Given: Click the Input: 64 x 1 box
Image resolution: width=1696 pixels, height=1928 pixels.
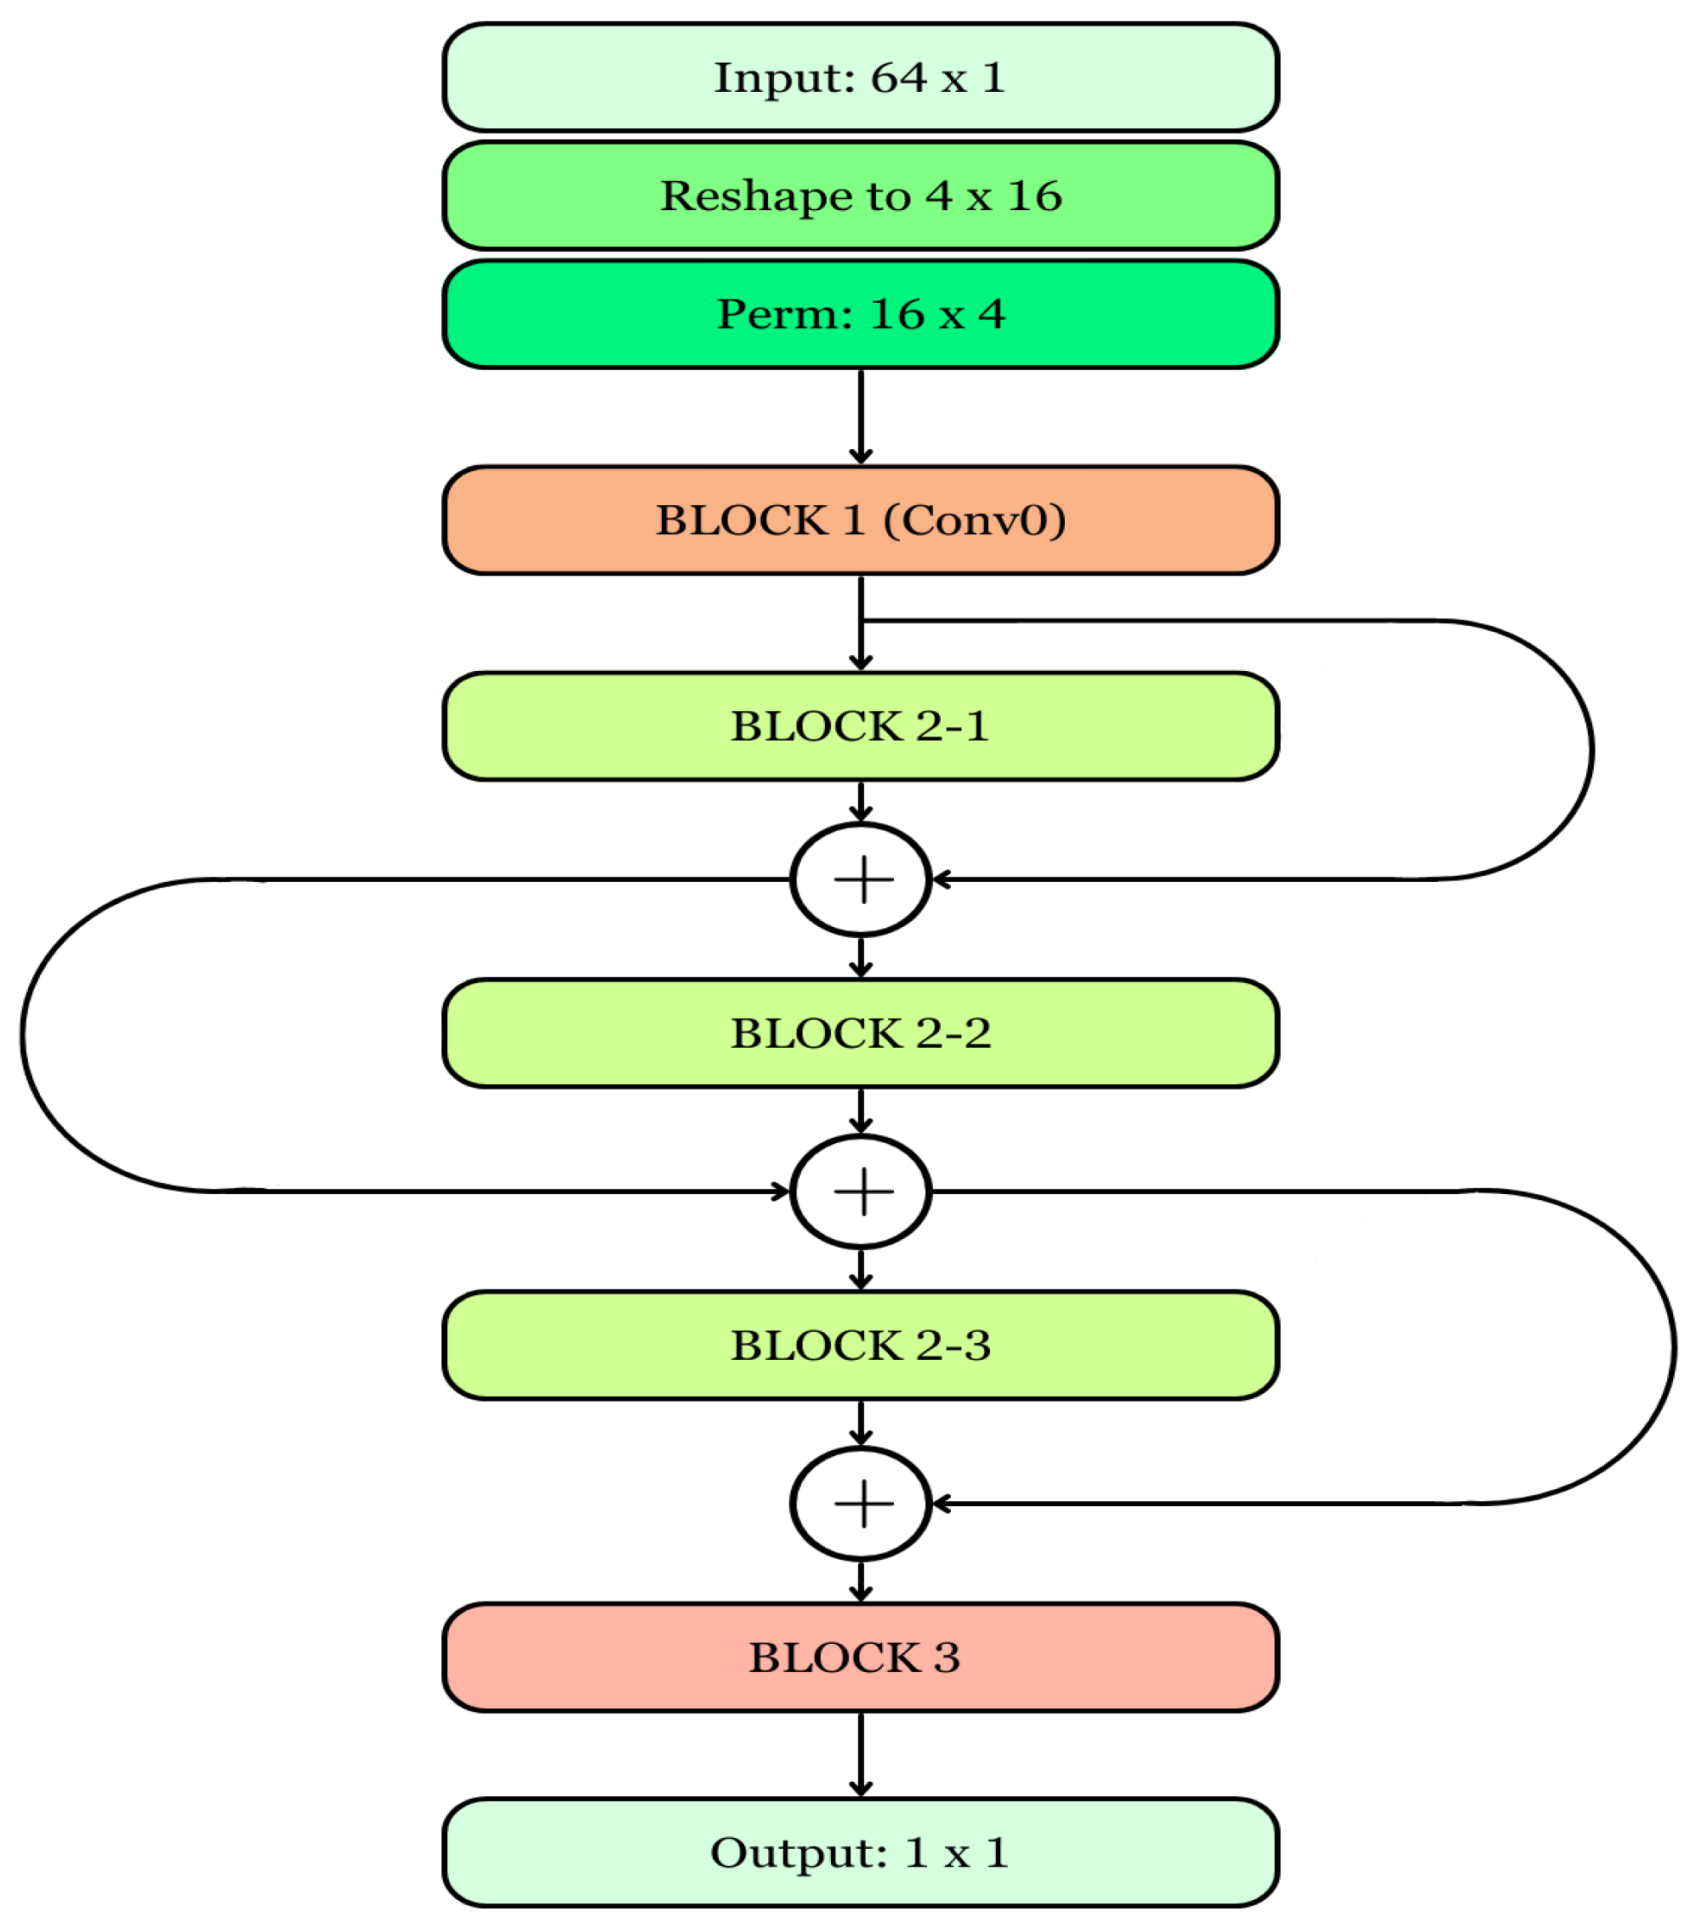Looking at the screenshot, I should (859, 77).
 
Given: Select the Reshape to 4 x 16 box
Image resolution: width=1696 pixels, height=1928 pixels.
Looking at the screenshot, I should (859, 196).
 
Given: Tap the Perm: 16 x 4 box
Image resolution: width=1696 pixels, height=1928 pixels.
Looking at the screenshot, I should (859, 314).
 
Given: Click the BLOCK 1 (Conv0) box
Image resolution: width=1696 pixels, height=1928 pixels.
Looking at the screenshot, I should (859, 520).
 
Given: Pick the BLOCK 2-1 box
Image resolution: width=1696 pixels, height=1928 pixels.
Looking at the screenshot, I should (859, 726).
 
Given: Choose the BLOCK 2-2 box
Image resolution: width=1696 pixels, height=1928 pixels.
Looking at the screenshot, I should (859, 1032).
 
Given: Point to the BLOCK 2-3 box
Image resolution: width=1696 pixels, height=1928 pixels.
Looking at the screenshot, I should (859, 1345).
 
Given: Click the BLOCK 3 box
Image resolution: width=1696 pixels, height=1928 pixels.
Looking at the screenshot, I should (859, 1658).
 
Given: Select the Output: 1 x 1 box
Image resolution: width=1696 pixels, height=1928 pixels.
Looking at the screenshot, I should (859, 1852).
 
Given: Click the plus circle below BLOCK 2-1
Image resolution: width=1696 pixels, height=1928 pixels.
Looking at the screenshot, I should (860, 879).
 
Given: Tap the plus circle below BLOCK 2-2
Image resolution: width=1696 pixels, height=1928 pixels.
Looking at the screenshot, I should (860, 1191).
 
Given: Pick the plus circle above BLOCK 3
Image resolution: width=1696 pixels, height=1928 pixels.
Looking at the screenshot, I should (860, 1504).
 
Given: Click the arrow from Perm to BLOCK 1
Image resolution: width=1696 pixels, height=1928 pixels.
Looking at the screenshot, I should (860, 415).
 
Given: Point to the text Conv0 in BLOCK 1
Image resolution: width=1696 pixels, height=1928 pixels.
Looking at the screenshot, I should (975, 520).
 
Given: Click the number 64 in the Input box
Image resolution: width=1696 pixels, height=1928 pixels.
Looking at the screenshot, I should (898, 77).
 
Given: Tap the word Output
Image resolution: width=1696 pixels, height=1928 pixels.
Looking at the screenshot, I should (798, 1853).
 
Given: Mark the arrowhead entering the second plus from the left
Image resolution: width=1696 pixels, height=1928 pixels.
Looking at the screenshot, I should (780, 1191).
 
